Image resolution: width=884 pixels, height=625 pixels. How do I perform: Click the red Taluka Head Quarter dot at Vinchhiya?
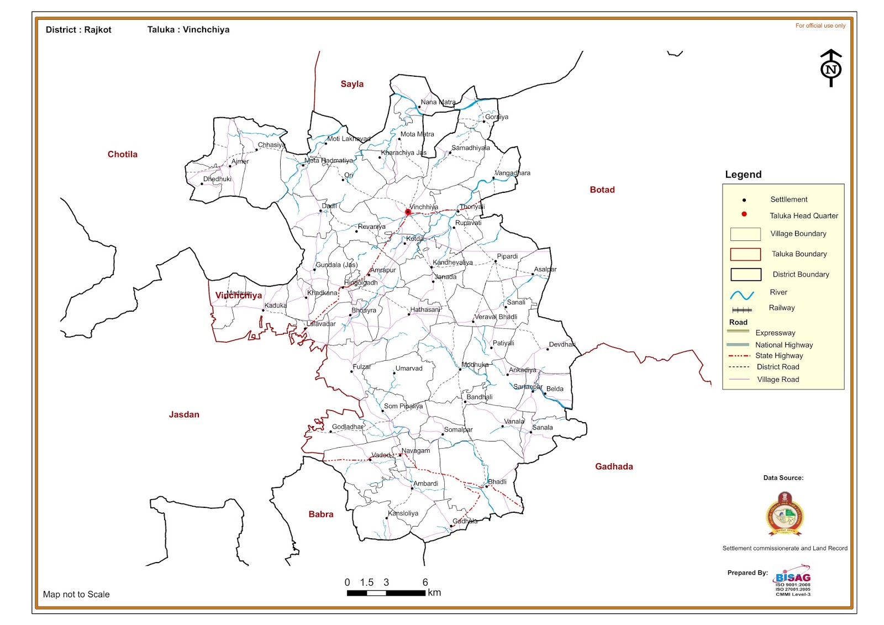point(408,212)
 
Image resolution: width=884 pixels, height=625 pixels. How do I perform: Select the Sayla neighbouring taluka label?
point(352,84)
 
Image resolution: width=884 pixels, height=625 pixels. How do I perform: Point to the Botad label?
point(602,190)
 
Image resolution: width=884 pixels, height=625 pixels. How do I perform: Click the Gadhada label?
point(614,466)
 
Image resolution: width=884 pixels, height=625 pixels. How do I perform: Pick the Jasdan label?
point(184,414)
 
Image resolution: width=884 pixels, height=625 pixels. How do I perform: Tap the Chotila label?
point(122,154)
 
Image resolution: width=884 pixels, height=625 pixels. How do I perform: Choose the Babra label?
point(320,514)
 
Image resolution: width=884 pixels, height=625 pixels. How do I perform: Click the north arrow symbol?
point(831,69)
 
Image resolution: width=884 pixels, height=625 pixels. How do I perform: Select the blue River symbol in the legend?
point(742,295)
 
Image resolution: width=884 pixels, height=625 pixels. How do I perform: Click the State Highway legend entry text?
point(778,356)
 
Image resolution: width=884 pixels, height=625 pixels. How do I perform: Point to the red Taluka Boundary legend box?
point(745,254)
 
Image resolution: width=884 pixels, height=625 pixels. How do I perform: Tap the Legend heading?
point(743,175)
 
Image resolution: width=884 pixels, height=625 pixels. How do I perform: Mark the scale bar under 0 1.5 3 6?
point(386,593)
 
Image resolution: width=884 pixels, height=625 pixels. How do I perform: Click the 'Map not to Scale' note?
point(76,594)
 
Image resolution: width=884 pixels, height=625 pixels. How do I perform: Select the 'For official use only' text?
point(820,25)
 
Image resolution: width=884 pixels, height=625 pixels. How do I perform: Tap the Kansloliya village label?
point(403,513)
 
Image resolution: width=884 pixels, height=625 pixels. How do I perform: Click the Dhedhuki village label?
point(217,179)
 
